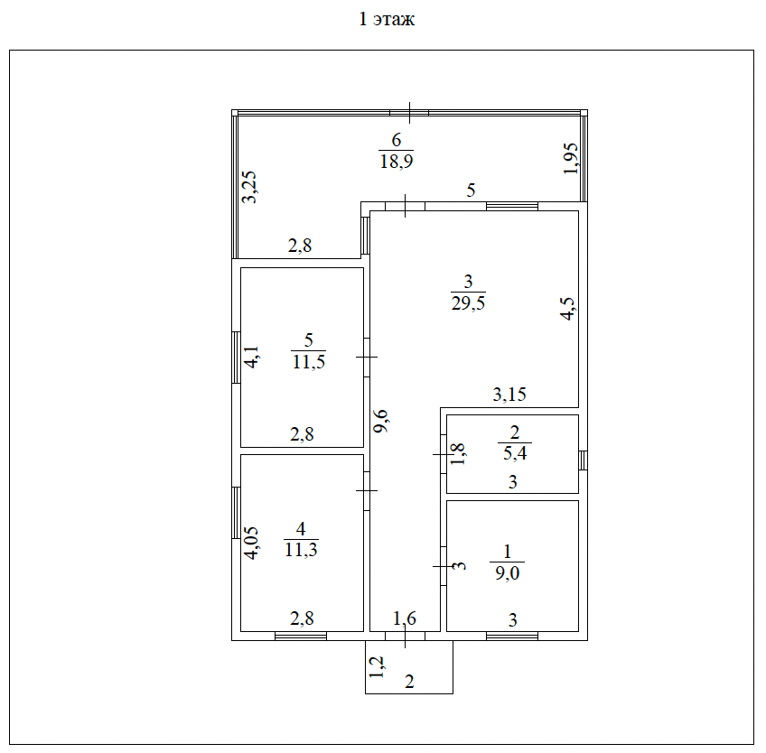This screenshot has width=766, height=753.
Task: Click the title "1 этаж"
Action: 387,20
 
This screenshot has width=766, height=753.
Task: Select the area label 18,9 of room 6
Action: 396,161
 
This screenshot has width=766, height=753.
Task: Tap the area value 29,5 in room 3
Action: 468,303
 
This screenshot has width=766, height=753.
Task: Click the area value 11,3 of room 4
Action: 301,549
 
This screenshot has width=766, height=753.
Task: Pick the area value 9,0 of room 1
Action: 507,571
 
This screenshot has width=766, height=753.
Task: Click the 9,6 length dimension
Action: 383,421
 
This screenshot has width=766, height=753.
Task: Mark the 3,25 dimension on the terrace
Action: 250,188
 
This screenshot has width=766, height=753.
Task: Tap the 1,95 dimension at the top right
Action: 571,159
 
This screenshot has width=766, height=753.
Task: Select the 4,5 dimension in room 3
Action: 567,309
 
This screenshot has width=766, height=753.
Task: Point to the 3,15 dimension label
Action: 509,394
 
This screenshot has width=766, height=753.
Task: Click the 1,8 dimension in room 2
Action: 459,452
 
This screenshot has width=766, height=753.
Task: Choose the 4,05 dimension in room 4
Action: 252,544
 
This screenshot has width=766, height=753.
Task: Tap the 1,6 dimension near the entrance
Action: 405,618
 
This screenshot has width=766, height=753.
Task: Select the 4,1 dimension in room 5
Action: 253,358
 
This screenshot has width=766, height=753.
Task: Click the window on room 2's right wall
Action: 583,460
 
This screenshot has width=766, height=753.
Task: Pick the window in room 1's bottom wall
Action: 511,636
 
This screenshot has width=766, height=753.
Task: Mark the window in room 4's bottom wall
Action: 300,636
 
